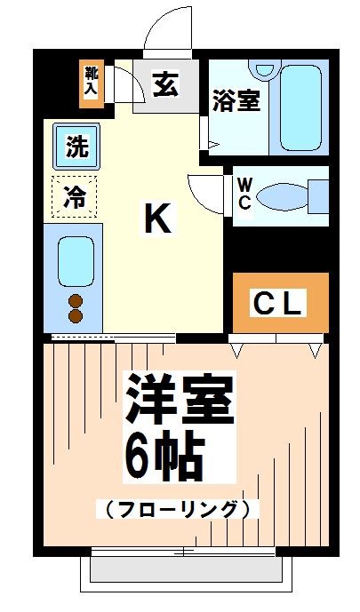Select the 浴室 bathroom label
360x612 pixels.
236,100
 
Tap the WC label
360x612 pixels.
244,193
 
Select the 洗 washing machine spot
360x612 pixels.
78,147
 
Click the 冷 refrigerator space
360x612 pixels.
76,197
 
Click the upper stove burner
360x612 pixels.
76,299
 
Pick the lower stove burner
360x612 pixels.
76,315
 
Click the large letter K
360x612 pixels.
157,218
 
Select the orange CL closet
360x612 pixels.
280,303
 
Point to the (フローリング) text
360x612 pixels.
177,509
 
